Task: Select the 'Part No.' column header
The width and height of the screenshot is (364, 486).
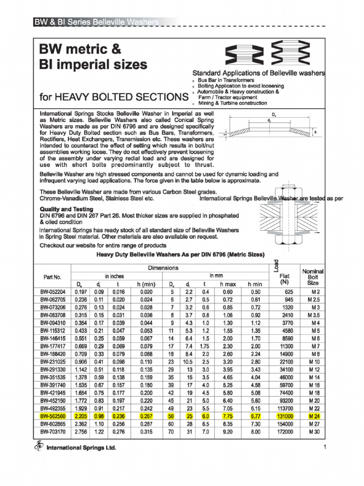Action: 52,277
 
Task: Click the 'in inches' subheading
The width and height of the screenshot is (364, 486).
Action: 114,276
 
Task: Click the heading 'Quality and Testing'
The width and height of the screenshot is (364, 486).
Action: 66,209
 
